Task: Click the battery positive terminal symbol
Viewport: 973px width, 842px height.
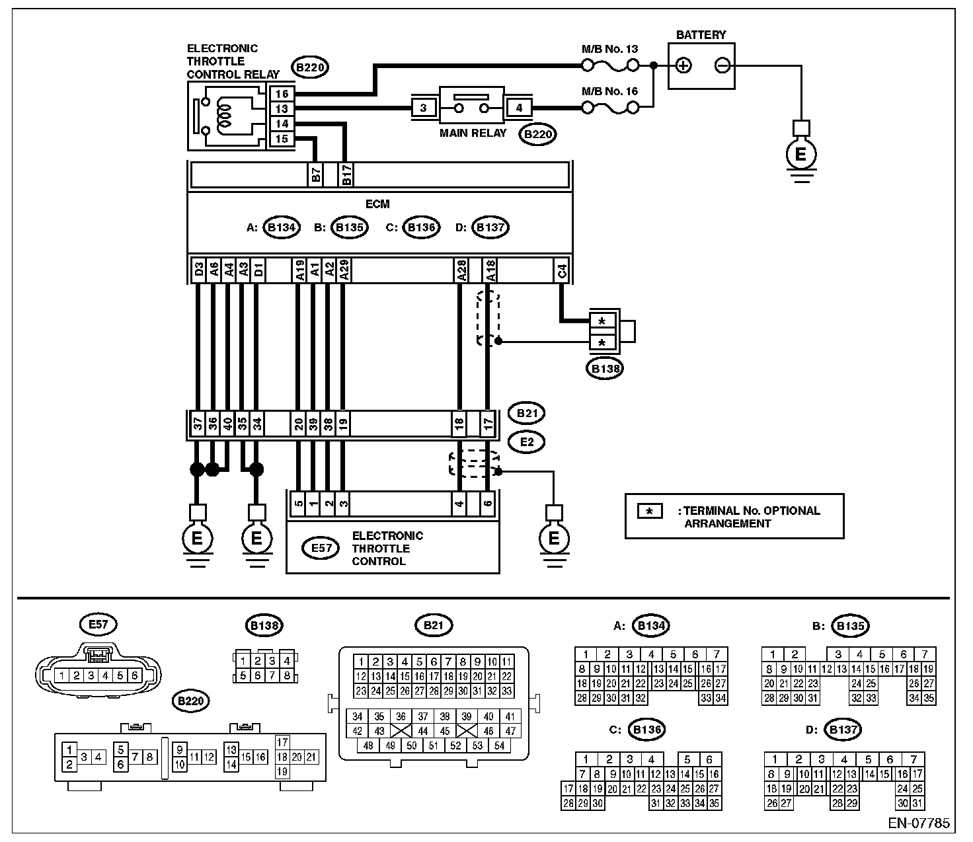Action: [683, 65]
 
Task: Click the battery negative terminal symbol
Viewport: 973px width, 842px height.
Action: [722, 65]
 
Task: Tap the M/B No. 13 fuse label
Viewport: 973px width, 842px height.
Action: [609, 49]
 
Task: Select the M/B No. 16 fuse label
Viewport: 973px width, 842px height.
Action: [609, 91]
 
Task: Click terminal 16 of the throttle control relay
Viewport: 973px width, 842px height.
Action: [282, 94]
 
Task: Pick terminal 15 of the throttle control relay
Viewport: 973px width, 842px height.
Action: [282, 139]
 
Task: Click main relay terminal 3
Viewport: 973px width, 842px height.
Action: [423, 108]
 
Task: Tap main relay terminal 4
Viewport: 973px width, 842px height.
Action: [519, 108]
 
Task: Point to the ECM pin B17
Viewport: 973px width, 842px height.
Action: [346, 174]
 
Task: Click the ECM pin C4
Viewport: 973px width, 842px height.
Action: [562, 270]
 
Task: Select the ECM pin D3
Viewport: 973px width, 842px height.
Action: [199, 270]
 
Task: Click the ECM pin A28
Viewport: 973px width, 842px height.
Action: [461, 270]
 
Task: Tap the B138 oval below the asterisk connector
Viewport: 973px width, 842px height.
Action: [605, 369]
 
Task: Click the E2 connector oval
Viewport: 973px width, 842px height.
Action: [527, 442]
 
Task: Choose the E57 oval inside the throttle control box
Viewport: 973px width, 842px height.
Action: [321, 548]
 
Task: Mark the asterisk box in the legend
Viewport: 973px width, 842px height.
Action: [650, 511]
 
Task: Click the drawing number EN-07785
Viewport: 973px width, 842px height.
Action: [919, 823]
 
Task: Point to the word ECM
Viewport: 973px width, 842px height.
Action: [377, 204]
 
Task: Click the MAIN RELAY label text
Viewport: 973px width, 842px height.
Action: [473, 134]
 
